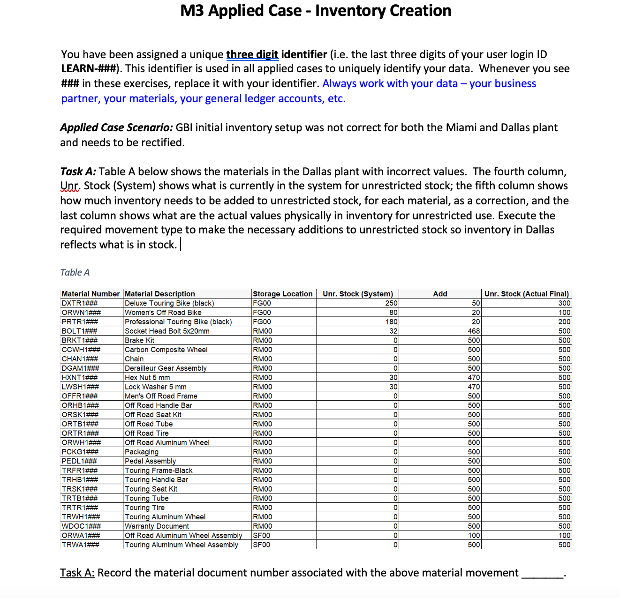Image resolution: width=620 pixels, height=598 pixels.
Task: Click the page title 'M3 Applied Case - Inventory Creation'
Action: pyautogui.click(x=316, y=11)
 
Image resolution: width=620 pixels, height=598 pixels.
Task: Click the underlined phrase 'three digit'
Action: pyautogui.click(x=252, y=54)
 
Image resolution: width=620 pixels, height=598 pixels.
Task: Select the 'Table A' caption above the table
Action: pyautogui.click(x=75, y=272)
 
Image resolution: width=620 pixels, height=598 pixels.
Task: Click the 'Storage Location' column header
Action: pyautogui.click(x=282, y=294)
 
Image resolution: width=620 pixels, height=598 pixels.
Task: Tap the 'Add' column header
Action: pyautogui.click(x=440, y=294)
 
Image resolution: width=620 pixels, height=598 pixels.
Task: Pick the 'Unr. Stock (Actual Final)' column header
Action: pyautogui.click(x=526, y=294)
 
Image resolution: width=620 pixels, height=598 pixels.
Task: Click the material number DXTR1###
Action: pyautogui.click(x=80, y=303)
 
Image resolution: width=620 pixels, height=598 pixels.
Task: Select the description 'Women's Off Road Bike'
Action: pyautogui.click(x=163, y=313)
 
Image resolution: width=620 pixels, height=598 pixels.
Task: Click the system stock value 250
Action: pyautogui.click(x=391, y=303)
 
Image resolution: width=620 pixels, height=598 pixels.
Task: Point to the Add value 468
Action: pyautogui.click(x=474, y=331)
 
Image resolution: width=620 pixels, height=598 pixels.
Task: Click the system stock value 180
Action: pyautogui.click(x=391, y=322)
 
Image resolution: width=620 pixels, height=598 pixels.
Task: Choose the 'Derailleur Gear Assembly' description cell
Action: pyautogui.click(x=166, y=368)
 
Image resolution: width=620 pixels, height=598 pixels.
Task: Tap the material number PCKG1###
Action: pyautogui.click(x=80, y=452)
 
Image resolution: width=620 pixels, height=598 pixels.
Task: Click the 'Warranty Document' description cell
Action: pyautogui.click(x=157, y=526)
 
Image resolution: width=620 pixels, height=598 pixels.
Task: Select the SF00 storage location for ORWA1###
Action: pyautogui.click(x=262, y=536)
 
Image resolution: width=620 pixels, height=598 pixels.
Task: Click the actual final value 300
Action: pyautogui.click(x=564, y=303)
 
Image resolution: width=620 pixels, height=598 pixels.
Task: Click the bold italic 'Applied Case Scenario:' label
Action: pyautogui.click(x=116, y=127)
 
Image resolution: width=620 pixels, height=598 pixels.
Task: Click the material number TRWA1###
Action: pyautogui.click(x=80, y=545)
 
